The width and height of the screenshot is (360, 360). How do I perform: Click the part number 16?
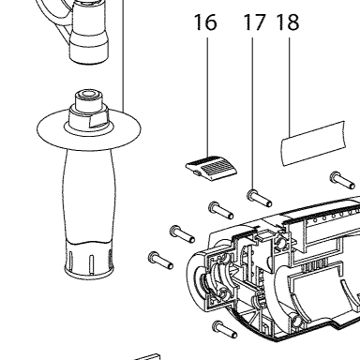pos(205,22)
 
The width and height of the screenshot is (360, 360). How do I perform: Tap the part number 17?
pos(254,22)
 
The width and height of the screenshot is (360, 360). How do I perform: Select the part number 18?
pos(288,22)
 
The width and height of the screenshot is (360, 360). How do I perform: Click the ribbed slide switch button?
pos(211,169)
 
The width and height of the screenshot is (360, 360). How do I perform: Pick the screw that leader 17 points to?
pos(260,199)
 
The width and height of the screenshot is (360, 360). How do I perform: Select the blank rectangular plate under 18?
pos(313,143)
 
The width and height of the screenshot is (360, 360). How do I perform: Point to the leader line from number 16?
pos(207,97)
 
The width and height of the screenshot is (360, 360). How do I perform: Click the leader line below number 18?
pos(290,87)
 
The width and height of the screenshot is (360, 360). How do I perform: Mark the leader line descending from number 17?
pos(252,113)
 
